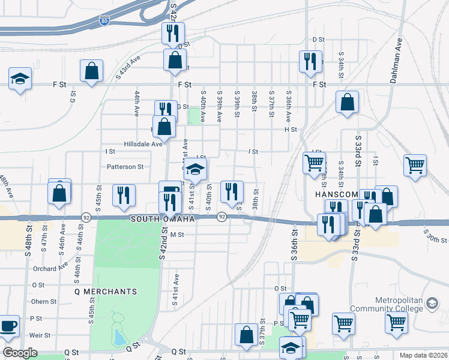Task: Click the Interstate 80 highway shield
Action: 104,21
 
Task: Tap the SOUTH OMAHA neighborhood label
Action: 163,220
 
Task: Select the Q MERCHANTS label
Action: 106,292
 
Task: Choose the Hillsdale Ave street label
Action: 142,144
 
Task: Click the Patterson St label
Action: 125,167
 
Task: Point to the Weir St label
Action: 43,335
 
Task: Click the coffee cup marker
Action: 8,326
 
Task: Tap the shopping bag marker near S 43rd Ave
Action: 91,71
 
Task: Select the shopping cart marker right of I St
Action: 415,164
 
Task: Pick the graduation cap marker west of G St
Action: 20,79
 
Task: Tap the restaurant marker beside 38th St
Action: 232,191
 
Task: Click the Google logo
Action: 20,353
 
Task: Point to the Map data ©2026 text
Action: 423,355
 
